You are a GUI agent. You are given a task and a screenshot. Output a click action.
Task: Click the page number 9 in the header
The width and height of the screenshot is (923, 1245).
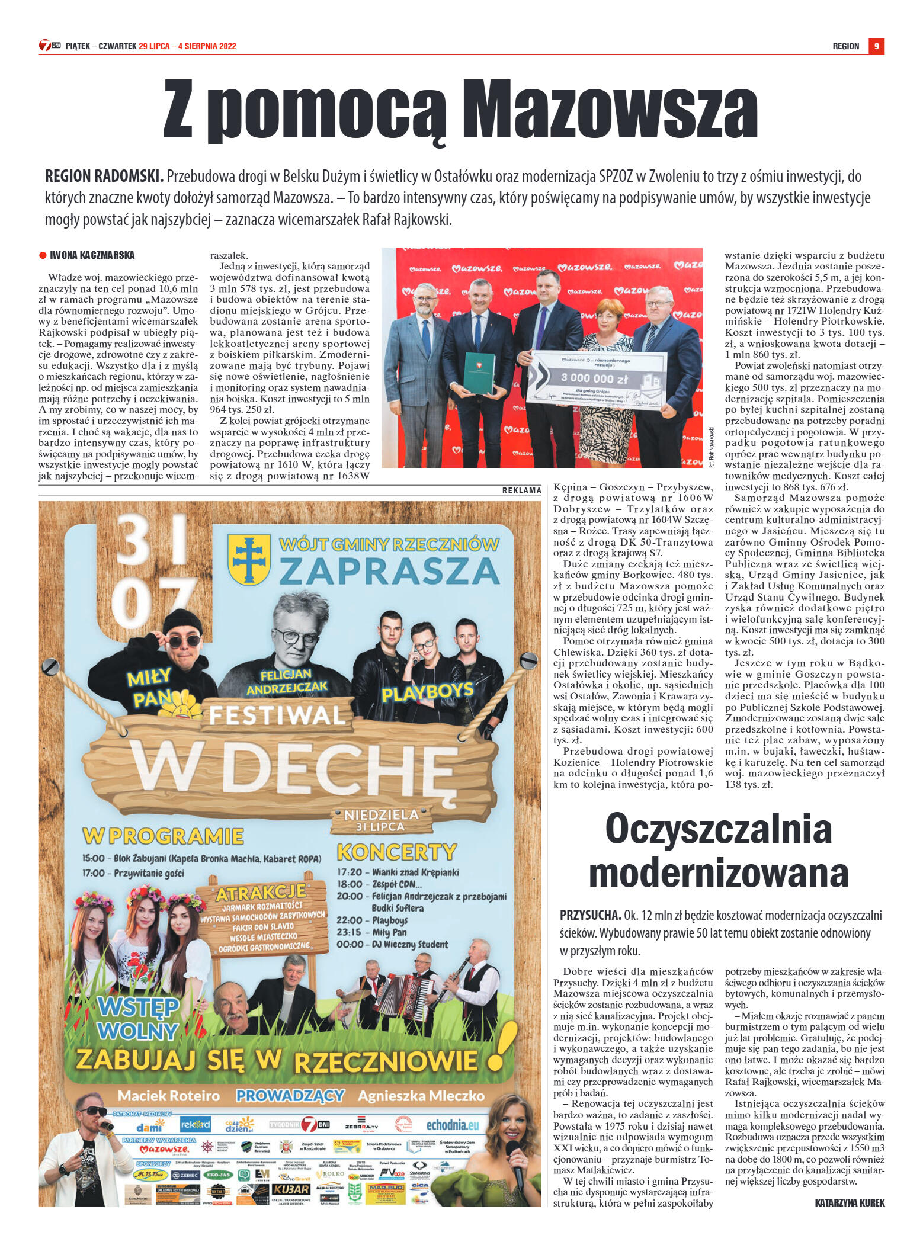pos(876,46)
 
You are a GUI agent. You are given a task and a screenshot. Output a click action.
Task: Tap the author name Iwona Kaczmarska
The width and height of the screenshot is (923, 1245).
pos(92,255)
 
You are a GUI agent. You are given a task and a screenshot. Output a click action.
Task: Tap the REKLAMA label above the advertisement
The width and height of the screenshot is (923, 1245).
pos(521,490)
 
